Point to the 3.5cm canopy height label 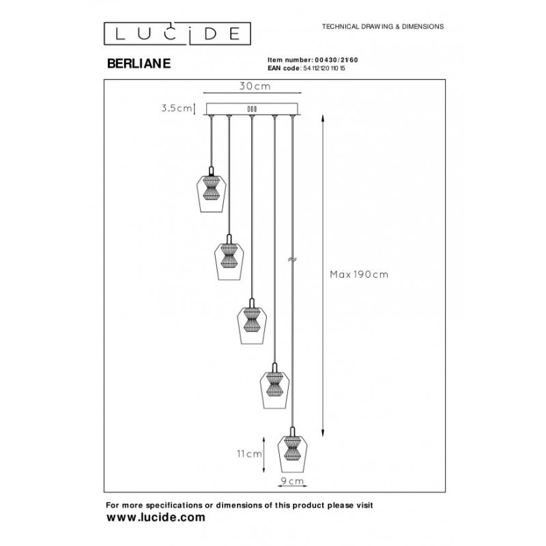175,108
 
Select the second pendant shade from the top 229,260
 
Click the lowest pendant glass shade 292,452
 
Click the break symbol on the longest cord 292,259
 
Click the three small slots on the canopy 251,109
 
